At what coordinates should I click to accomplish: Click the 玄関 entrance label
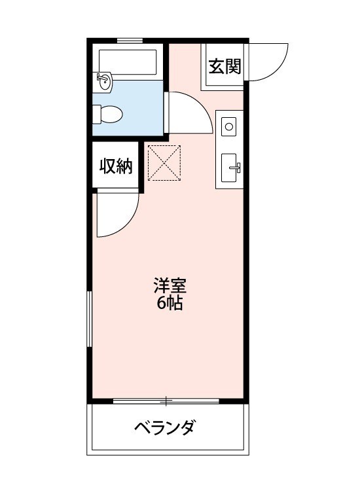[x=225, y=67]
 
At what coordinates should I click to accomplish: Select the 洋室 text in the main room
[x=170, y=286]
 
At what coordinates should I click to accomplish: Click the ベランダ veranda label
[x=165, y=429]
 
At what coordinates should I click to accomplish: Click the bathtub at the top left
[x=127, y=62]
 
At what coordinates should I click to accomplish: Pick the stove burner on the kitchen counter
[x=229, y=126]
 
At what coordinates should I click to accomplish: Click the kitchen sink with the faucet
[x=230, y=167]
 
